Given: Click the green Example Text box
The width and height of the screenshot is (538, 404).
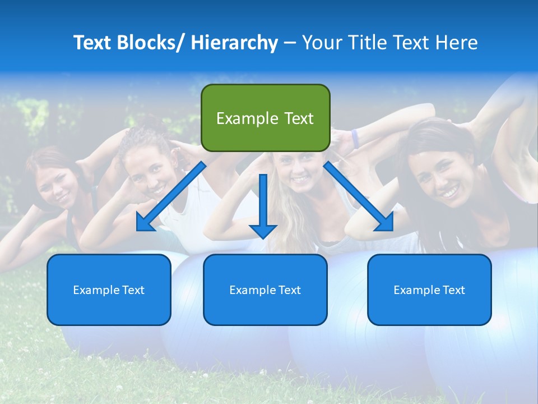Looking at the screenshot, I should pos(265,118).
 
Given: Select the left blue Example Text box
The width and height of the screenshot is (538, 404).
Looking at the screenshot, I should pos(109,290).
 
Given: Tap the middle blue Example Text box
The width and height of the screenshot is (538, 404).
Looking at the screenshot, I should pos(265,290).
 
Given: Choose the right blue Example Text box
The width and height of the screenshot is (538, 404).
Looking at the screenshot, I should pos(429,290).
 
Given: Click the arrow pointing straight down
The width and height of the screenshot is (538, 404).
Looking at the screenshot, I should pos(263,205).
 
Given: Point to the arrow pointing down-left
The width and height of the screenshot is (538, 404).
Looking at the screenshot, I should pos(171,197).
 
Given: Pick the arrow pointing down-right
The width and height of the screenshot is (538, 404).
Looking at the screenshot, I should pos(359,197).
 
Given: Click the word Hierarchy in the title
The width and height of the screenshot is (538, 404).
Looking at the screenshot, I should pos(234,43).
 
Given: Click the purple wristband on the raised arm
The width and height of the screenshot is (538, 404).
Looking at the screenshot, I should pos(355,139).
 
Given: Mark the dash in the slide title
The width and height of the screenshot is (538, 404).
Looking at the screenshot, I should pos(290,43).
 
